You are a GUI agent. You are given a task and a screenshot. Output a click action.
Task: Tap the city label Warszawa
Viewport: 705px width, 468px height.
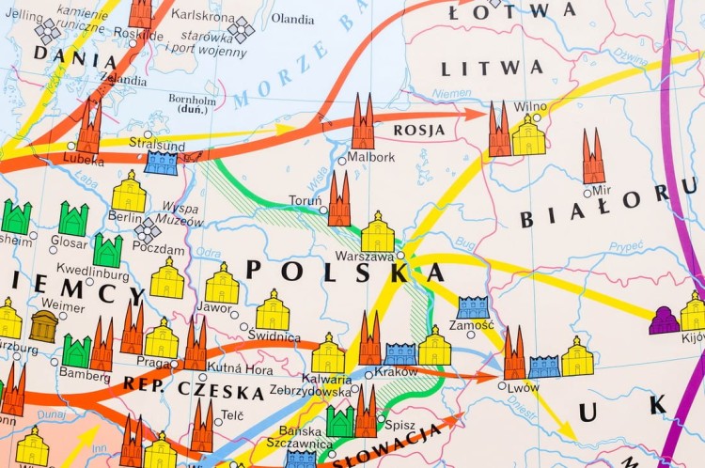click(364, 256)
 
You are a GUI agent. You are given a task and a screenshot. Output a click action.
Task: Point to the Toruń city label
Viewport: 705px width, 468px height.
click(305, 201)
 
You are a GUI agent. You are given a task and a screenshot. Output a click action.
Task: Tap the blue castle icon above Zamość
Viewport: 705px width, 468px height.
click(473, 306)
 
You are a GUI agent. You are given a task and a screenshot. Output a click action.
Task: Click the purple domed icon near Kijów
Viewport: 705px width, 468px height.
click(665, 320)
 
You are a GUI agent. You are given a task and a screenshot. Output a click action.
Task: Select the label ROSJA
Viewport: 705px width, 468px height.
click(419, 131)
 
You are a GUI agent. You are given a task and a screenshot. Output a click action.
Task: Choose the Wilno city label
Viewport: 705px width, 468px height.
click(531, 107)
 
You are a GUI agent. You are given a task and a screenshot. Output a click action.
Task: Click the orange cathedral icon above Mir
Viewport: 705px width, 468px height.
click(593, 157)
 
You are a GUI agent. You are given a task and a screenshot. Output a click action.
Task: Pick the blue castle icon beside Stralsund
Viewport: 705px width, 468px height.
click(161, 163)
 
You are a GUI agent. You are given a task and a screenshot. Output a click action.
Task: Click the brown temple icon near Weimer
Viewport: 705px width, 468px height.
click(43, 326)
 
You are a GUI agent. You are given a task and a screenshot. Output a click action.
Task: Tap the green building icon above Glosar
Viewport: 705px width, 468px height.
click(72, 220)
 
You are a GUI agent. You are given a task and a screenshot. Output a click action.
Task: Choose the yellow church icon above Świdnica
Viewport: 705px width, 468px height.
click(273, 310)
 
